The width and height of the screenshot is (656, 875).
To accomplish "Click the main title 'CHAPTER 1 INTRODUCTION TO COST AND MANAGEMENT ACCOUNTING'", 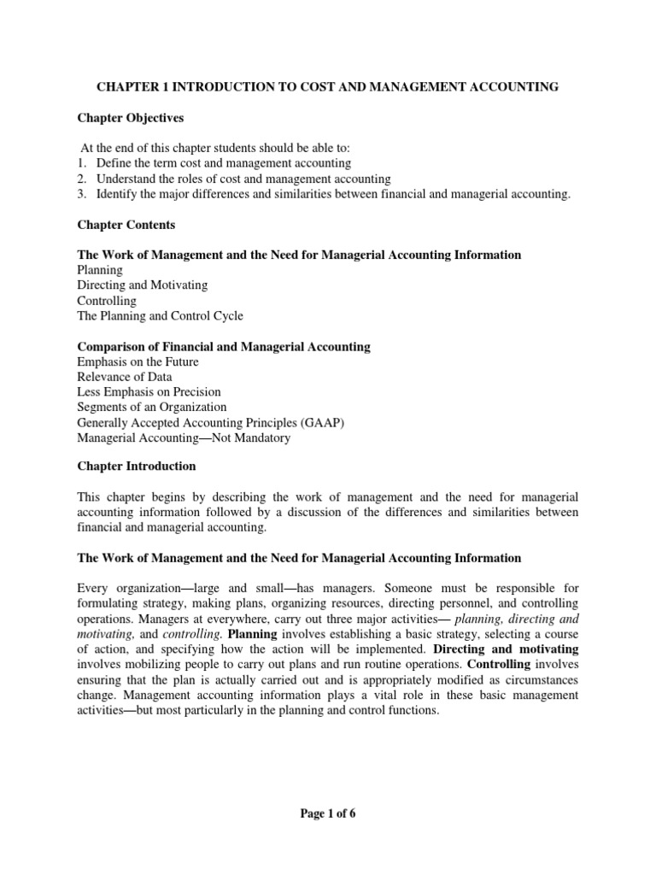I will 327,87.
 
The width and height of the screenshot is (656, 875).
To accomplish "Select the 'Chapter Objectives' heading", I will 131,118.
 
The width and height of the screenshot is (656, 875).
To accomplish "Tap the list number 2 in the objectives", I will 82,179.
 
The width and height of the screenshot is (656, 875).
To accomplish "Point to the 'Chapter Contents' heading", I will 126,225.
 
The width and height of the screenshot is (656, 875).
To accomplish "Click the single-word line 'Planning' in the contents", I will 100,270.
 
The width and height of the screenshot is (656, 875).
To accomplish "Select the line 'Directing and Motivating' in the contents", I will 143,285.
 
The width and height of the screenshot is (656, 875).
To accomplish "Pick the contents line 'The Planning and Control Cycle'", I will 160,316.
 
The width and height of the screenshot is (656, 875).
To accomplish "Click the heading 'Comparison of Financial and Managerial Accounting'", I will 224,347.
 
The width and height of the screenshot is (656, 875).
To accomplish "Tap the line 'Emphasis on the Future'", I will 138,362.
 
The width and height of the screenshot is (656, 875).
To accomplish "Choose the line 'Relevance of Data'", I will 125,377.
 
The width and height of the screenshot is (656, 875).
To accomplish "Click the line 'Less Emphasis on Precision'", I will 149,392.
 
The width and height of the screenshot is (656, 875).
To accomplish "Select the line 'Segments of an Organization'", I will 152,408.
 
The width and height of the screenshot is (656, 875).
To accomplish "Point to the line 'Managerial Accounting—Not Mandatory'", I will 184,438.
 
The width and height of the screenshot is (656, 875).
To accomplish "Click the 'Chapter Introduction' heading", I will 137,467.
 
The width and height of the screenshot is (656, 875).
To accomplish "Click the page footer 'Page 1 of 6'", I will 328,813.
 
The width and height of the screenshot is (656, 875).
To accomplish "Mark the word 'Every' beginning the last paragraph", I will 93,589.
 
